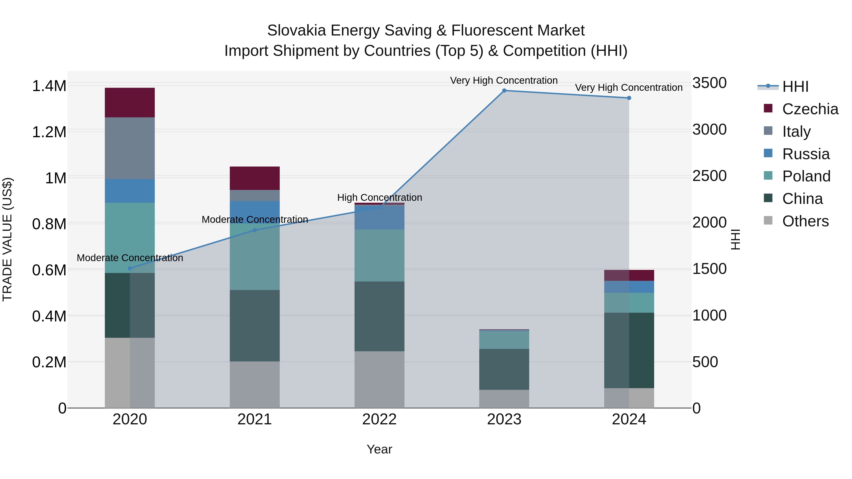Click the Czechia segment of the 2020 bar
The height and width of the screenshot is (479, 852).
[x=130, y=102]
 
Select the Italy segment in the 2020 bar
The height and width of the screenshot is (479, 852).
[x=130, y=148]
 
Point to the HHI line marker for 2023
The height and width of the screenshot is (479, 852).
[x=504, y=91]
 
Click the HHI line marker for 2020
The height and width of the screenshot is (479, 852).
[x=130, y=268]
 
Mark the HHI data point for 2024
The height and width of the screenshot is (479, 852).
[x=629, y=98]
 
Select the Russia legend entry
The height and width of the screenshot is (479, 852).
[x=806, y=154]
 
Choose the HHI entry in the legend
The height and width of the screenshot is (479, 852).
[x=795, y=87]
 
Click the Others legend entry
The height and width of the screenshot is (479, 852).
[x=805, y=221]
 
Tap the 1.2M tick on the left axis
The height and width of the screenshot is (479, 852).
[x=49, y=132]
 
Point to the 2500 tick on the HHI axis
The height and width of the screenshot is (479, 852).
[x=710, y=176]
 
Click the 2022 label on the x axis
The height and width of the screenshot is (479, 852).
[x=379, y=419]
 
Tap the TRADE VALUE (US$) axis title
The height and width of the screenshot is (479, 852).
[x=7, y=239]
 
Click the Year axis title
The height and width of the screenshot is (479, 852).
[x=379, y=449]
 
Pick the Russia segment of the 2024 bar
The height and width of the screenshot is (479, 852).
[x=629, y=287]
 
